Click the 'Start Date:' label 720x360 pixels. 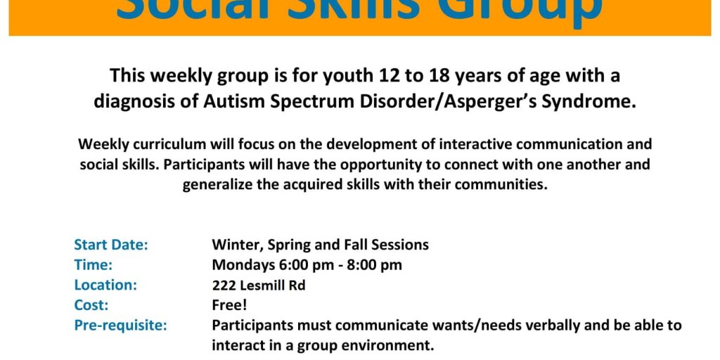(111, 245)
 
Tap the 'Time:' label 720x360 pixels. (94, 265)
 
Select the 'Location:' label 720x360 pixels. (105, 285)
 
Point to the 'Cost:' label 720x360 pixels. (91, 305)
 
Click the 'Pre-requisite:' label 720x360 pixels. (121, 326)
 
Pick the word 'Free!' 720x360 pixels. (230, 305)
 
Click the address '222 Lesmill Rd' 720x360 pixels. (259, 285)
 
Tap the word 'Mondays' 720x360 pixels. (244, 265)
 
